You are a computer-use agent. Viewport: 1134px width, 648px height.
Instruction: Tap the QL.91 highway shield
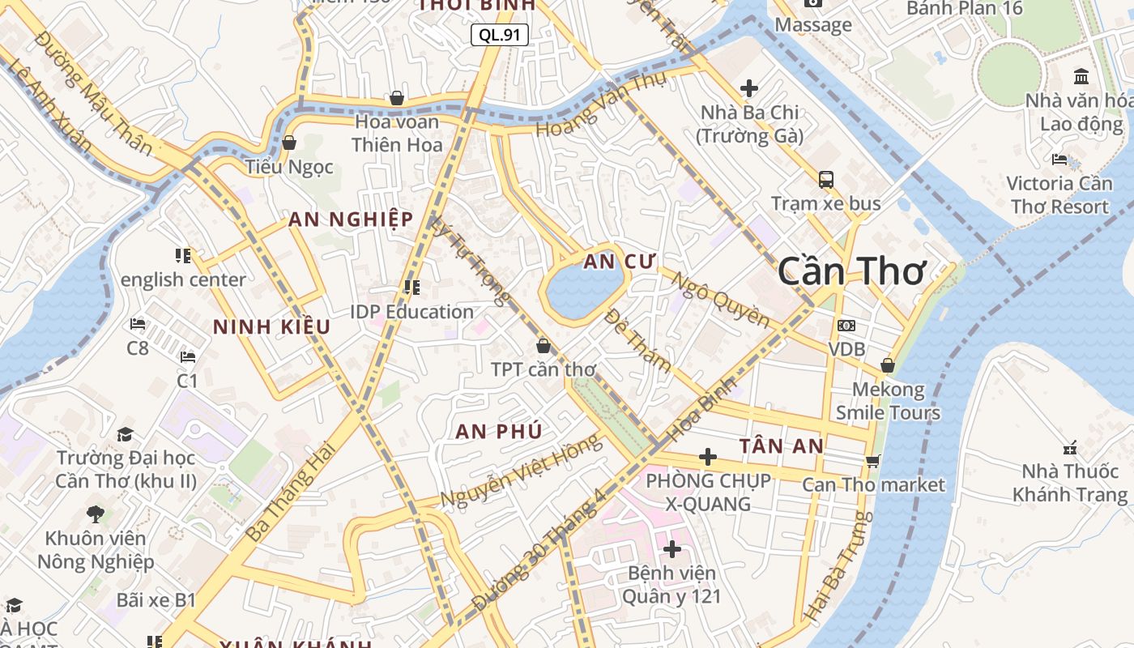[x=500, y=34]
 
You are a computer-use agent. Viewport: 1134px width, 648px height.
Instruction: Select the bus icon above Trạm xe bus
[x=825, y=179]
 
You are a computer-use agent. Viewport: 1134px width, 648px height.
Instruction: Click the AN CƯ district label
[x=620, y=261]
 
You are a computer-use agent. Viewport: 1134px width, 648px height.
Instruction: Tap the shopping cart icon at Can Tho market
[x=872, y=461]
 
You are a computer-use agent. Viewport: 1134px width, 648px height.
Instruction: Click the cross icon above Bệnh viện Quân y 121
[x=671, y=549]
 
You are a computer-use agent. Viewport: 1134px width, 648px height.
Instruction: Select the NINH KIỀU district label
[x=271, y=326]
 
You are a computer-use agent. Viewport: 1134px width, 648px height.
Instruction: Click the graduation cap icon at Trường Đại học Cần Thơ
[x=125, y=435]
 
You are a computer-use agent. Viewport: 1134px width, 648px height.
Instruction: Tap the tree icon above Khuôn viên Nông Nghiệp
[x=96, y=514]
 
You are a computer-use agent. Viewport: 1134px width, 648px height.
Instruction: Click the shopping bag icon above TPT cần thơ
[x=543, y=346]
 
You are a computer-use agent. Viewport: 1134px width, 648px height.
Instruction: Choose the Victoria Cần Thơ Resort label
[x=1058, y=194]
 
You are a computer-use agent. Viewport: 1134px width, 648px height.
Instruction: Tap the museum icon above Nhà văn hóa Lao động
[x=1081, y=77]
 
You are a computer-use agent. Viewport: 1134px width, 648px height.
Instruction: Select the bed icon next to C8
[x=138, y=324]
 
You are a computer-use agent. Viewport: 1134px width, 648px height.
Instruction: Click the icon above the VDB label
[x=846, y=326]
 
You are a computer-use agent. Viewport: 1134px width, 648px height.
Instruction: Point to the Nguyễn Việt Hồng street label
[x=522, y=470]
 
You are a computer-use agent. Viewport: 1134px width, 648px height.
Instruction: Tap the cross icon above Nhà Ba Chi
[x=749, y=87]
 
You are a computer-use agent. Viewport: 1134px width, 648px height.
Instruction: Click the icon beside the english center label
[x=183, y=256]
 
